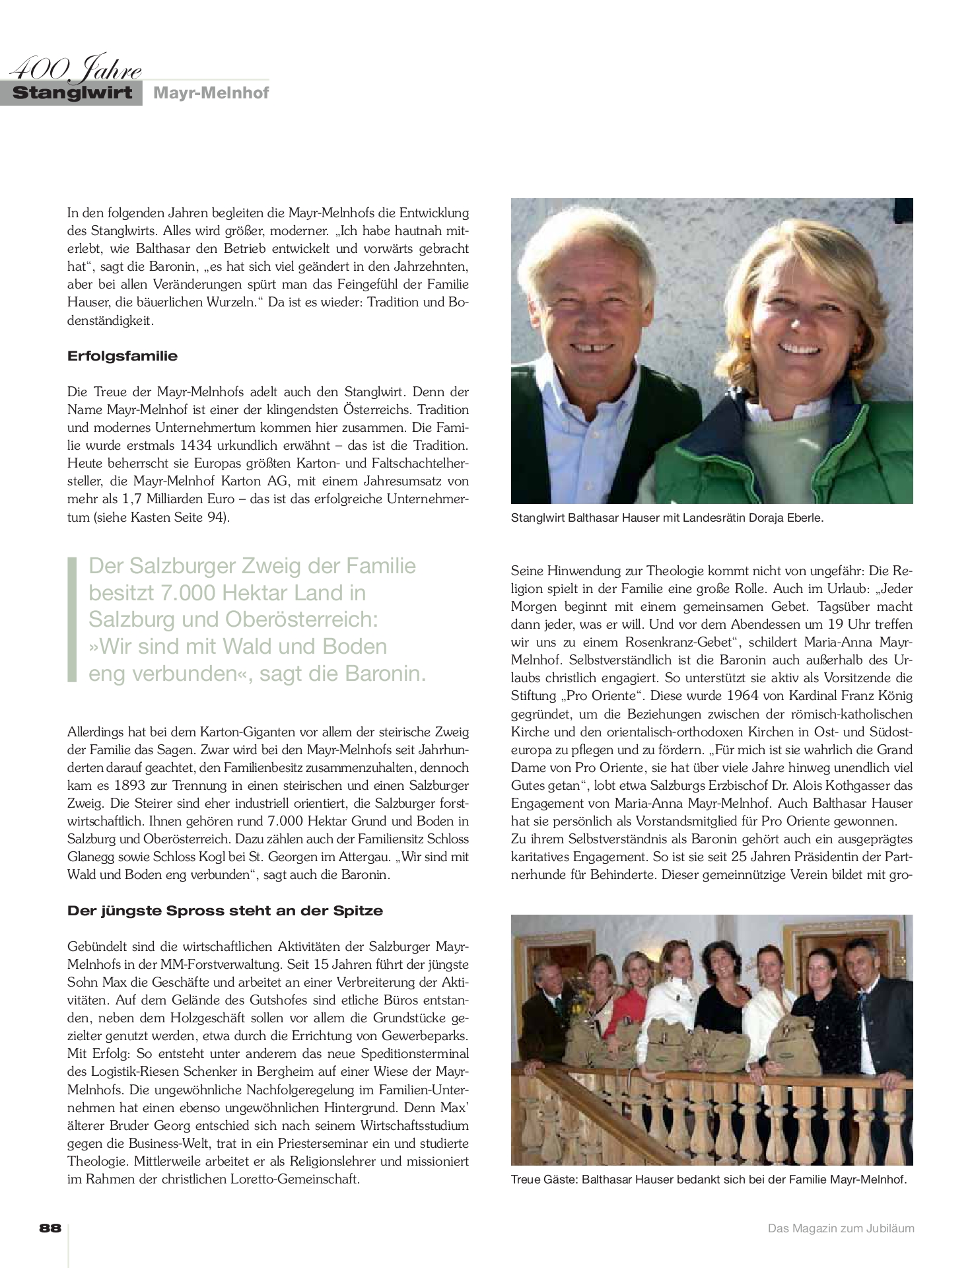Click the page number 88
50,1228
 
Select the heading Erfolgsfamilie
122,356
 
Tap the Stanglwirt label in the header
72,93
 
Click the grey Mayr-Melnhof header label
211,93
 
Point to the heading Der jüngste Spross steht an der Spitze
225,911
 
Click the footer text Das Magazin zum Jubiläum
840,1228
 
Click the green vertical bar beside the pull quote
72,619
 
